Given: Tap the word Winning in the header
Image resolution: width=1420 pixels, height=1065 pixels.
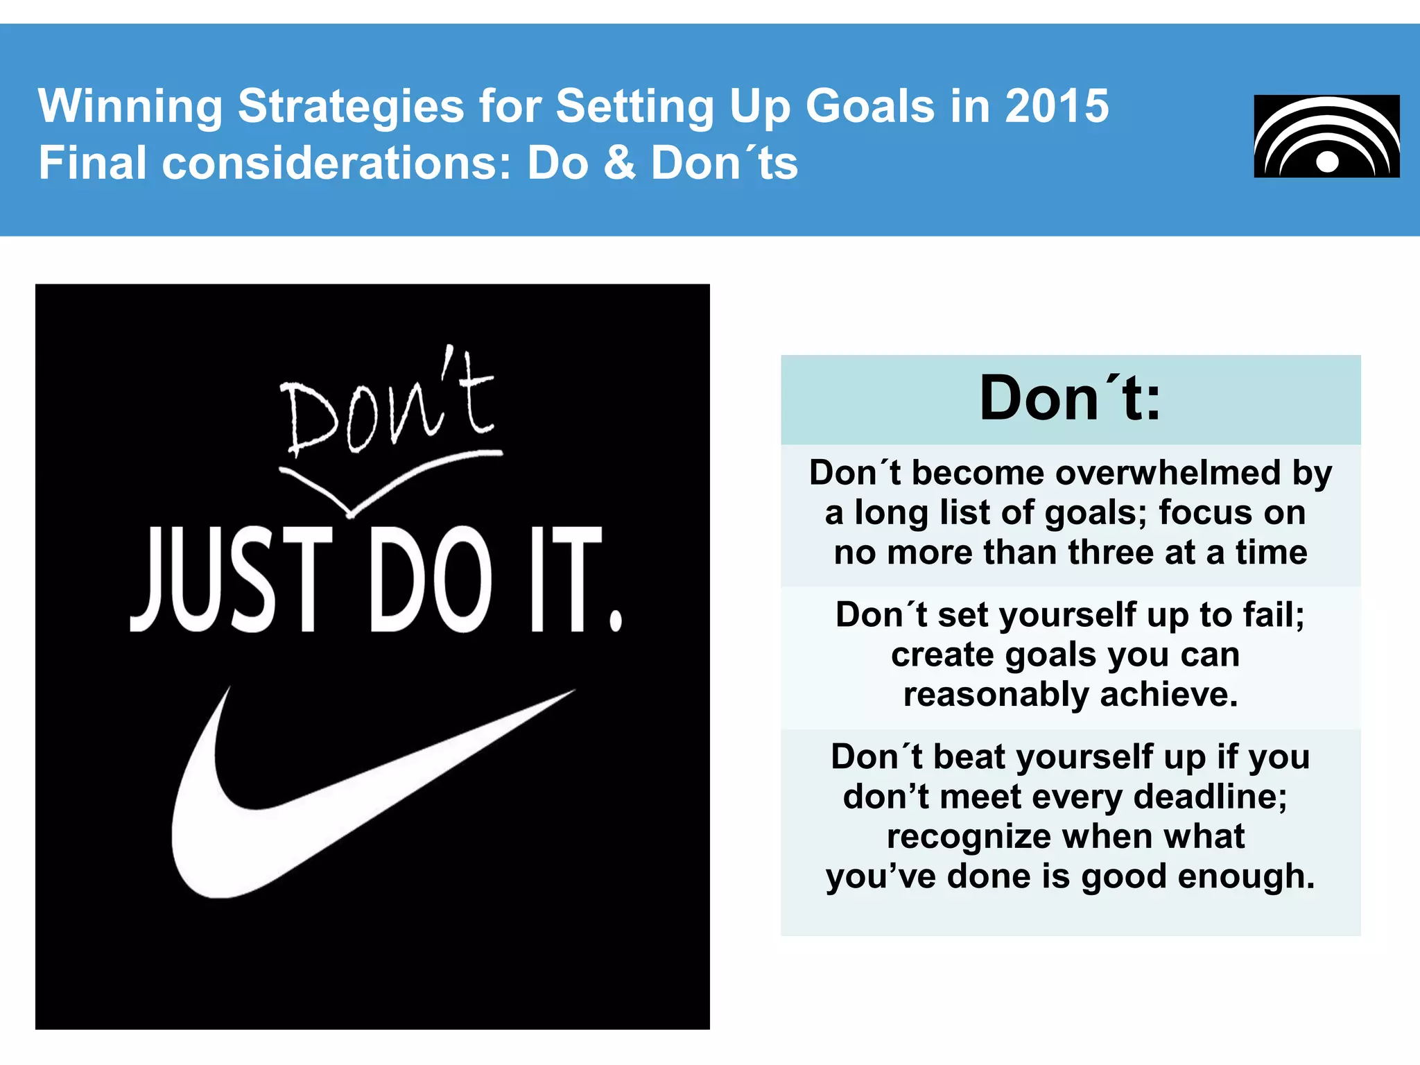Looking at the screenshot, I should click(x=130, y=106).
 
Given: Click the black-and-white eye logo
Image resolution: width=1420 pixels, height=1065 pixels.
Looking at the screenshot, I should click(x=1326, y=136).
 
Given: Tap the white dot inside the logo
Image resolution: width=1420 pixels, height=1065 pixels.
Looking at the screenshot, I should click(x=1327, y=162).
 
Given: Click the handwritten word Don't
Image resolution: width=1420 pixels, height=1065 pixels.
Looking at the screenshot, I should click(x=388, y=406).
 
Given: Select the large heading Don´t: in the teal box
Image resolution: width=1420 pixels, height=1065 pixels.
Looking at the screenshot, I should click(x=1070, y=399).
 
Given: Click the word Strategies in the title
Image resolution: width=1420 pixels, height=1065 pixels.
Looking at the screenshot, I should click(x=351, y=106).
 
